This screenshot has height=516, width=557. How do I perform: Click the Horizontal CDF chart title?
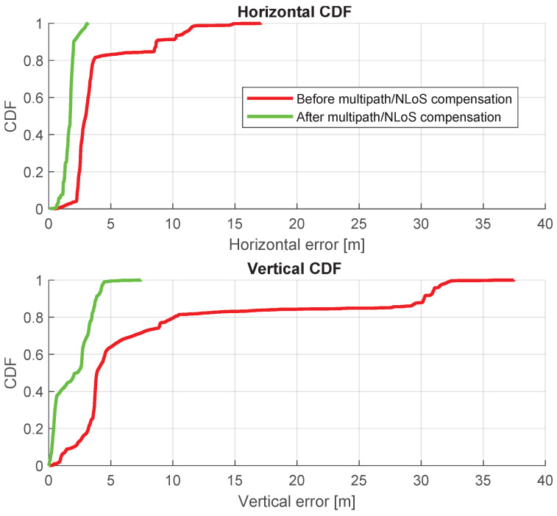click(297, 10)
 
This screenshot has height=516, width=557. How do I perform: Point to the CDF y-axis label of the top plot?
click(11, 116)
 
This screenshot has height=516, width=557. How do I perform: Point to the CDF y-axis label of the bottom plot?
click(11, 373)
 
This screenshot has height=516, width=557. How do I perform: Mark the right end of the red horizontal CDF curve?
click(260, 24)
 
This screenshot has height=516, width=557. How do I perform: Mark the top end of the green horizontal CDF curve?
click(88, 24)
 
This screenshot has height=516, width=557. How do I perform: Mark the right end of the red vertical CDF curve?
click(514, 280)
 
